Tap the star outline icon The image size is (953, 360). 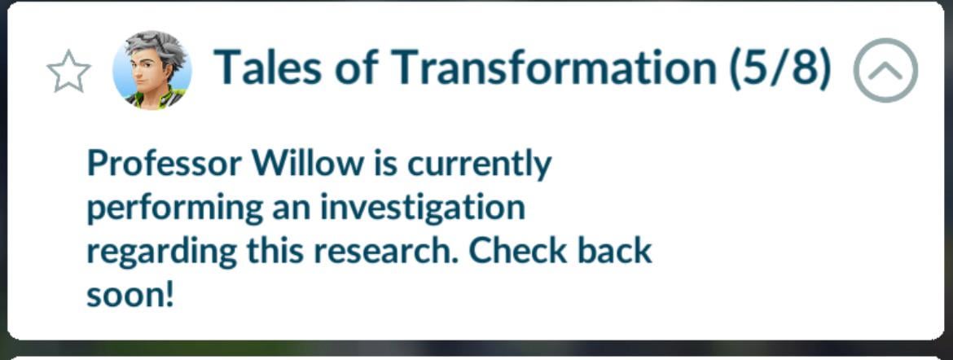68,71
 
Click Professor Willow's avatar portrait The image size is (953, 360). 152,71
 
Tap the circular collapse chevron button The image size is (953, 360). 885,71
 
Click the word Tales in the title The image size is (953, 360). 268,66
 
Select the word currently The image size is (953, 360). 479,165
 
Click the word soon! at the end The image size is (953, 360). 130,296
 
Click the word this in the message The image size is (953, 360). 274,251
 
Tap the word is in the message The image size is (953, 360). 386,163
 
